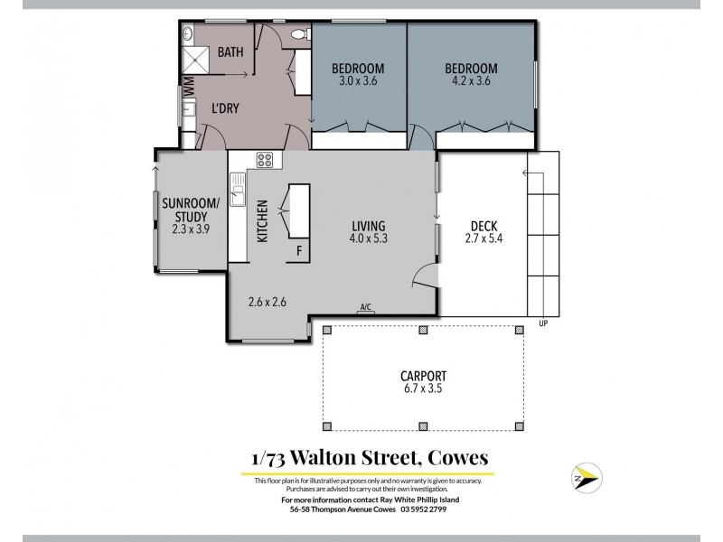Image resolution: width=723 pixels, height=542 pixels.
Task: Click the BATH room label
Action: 230,52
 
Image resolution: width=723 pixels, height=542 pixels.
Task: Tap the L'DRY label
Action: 225,109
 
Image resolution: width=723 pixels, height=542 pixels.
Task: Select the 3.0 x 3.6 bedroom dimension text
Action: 358,81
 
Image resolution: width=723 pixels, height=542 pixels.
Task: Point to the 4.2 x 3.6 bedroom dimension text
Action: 471,81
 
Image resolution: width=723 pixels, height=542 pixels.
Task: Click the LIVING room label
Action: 370,226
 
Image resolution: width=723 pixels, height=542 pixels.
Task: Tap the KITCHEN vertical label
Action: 263,221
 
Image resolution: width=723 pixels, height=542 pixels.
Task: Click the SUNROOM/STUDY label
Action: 191,210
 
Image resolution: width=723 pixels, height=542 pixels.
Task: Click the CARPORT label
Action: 424,377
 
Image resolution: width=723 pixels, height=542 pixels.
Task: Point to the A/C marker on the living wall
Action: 366,309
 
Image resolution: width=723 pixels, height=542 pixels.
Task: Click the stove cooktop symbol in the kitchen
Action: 266,160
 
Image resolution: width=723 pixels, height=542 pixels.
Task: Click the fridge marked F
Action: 299,250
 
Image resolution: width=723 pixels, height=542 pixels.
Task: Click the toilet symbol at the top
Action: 300,34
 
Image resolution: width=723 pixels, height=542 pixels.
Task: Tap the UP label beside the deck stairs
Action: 543,323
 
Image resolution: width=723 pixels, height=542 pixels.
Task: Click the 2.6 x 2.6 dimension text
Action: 267,302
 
